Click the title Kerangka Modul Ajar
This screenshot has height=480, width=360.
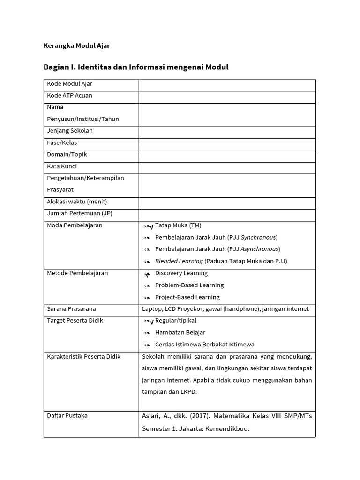point(76,46)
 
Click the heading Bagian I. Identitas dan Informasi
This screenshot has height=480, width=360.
point(136,67)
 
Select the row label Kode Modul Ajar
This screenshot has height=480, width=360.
point(69,84)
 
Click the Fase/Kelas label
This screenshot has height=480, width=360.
point(62,142)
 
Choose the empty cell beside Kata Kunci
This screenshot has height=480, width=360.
point(227,167)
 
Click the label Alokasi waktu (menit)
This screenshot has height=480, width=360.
point(77,202)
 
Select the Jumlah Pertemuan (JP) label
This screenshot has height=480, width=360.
point(80,213)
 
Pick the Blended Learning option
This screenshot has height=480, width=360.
point(221,261)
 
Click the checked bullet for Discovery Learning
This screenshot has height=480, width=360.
point(147,274)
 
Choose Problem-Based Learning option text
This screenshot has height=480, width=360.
point(189,285)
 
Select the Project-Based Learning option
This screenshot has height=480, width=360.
point(187,297)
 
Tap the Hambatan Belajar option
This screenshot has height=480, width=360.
point(180,332)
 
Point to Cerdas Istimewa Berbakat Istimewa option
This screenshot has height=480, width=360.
point(204,345)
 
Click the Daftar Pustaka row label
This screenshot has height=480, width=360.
point(67,415)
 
